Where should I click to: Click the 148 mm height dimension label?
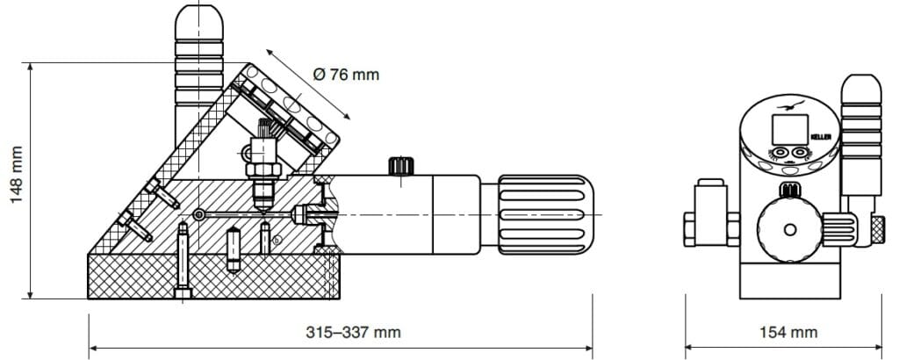[16, 175]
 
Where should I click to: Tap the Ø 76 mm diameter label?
[346, 75]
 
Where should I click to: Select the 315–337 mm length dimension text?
[353, 333]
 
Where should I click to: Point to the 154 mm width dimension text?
[788, 333]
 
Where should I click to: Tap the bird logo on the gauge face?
[791, 105]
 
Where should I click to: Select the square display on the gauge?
[790, 130]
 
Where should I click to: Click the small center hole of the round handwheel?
[790, 230]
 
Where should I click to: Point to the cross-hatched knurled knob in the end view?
[877, 230]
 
